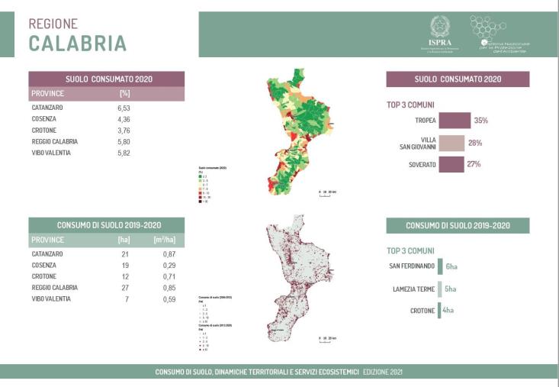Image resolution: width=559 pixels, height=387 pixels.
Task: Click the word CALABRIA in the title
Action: click(x=78, y=44)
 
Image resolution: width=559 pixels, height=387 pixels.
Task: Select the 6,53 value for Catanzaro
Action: click(x=125, y=109)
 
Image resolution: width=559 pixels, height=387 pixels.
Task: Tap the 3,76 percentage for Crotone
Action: click(x=125, y=131)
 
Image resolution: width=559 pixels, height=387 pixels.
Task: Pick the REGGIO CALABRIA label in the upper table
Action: click(x=55, y=142)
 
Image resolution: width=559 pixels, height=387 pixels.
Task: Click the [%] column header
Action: click(x=125, y=93)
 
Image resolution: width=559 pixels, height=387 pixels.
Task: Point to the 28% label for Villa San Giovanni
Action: click(x=475, y=143)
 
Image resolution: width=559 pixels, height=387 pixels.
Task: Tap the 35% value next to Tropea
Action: click(x=480, y=121)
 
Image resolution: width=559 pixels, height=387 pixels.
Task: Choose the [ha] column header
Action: click(x=125, y=240)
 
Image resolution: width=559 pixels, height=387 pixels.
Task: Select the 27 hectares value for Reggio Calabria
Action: click(x=125, y=288)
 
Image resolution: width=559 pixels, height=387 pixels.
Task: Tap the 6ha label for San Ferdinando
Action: click(x=451, y=266)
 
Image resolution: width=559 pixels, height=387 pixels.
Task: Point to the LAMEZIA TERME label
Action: click(x=413, y=289)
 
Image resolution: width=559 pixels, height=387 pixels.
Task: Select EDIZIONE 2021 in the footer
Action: click(x=384, y=372)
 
